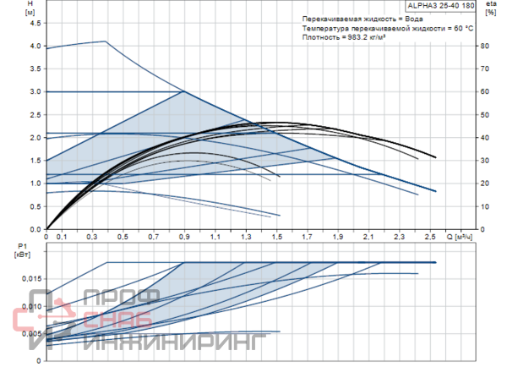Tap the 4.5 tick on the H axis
[x=35, y=22]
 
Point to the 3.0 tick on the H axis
[x=35, y=91]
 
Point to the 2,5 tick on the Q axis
[x=430, y=237]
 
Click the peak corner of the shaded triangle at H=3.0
[x=184, y=91]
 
